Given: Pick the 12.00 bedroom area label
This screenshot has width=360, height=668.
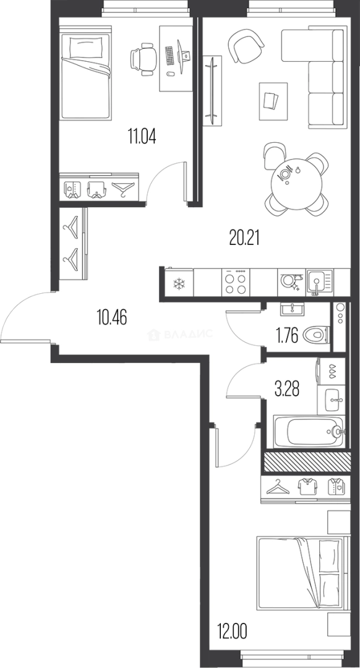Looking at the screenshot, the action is [x=233, y=630].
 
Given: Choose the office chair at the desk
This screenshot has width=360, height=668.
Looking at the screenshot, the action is [x=142, y=59].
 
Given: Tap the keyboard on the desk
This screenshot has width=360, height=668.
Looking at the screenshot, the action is [x=169, y=56].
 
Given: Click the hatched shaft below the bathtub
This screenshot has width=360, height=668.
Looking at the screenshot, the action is [x=307, y=462].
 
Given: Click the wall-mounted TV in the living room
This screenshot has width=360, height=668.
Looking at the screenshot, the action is [x=212, y=91].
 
